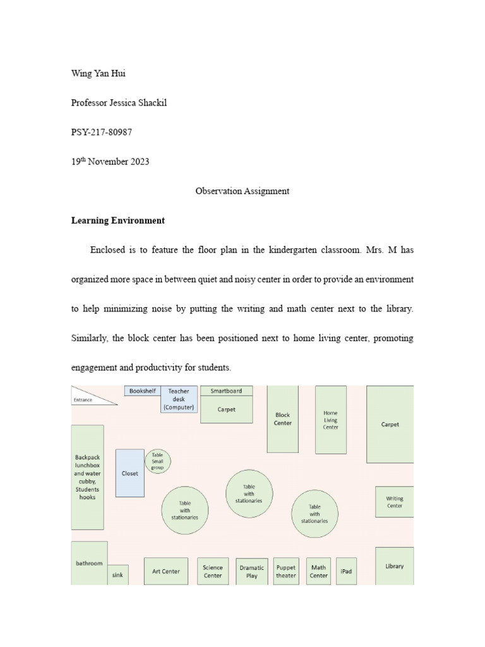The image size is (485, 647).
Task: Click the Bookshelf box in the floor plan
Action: point(142,391)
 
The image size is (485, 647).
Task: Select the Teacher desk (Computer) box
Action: point(179,399)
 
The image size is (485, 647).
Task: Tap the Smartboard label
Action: point(226,390)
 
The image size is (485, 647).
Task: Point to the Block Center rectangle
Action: point(282,419)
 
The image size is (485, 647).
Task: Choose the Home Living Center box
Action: point(330,420)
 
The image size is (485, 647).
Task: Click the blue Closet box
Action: point(129,473)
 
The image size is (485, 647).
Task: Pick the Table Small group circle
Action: point(157,461)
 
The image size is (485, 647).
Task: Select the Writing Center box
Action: point(394,502)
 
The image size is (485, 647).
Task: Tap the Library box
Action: point(394,566)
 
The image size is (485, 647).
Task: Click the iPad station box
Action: point(346,571)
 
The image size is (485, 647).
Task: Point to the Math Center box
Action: point(318,571)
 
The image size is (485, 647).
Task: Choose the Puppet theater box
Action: point(285,571)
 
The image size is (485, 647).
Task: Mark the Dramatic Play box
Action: point(252,571)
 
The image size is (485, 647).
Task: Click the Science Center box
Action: point(213,571)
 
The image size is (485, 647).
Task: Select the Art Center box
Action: point(166,571)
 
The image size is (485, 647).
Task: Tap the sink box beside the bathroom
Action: point(117,574)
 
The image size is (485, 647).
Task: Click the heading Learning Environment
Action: point(118,221)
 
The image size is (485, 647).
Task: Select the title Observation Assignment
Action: point(242,191)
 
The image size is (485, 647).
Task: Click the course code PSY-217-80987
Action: point(102,131)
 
